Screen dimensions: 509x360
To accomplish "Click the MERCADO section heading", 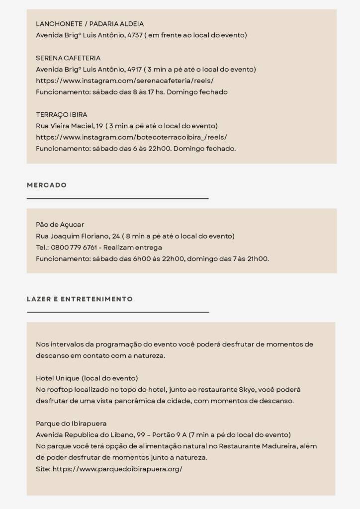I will coord(47,185).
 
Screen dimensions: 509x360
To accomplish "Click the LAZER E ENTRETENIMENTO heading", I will coord(80,299).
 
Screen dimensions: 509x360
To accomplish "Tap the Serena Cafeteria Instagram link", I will coord(124,81).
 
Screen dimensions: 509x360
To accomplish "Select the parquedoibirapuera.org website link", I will coord(117,469).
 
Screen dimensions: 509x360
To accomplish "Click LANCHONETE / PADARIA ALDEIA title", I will coord(90,24).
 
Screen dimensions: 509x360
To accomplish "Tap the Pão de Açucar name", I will coord(60,225).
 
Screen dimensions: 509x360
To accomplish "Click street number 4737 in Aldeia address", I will coord(134,35).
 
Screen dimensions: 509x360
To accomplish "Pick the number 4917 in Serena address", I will coord(134,70).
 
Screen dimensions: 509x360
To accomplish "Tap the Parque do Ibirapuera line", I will coord(71,424).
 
